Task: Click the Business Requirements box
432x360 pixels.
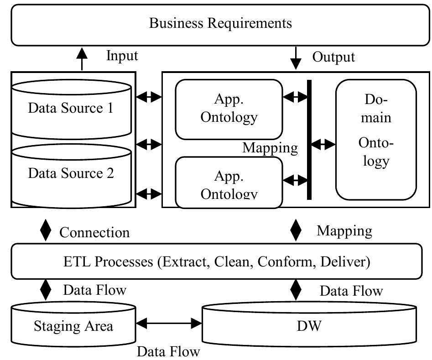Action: point(220,24)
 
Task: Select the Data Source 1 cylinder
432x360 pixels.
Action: point(71,109)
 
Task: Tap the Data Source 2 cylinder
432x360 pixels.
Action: point(71,173)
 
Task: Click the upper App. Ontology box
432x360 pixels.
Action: point(229,110)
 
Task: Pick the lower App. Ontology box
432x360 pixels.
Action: point(229,183)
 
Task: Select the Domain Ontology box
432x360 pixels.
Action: point(376,139)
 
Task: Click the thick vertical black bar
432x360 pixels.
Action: point(309,140)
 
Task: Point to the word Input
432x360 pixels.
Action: point(122,56)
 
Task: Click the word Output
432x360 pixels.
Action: point(333,57)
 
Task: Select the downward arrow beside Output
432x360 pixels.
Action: point(297,57)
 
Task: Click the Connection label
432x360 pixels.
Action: point(94,232)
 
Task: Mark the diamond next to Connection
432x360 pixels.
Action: point(46,231)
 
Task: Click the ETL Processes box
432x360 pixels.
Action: point(217,262)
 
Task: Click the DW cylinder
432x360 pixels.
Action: point(309,326)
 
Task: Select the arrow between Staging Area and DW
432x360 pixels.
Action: point(169,323)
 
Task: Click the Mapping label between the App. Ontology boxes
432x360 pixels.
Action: point(270,148)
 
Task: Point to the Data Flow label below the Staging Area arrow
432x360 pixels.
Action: point(168,351)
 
